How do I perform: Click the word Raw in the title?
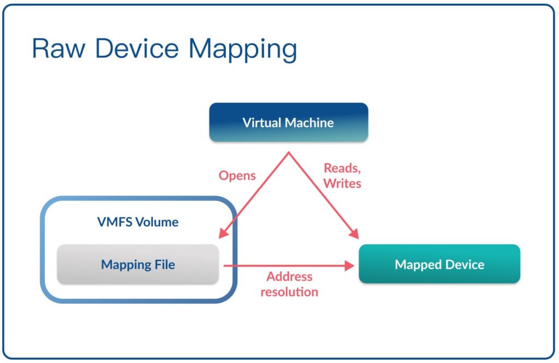pos(59,48)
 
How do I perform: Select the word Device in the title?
pos(137,48)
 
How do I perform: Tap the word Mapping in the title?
pos(243,50)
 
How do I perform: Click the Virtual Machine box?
pos(288,122)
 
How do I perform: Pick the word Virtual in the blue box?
pos(262,123)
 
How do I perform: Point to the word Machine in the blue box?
pos(310,123)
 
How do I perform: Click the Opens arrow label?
pos(237,175)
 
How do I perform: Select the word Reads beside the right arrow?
pos(342,168)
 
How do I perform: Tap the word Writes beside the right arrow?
pos(342,183)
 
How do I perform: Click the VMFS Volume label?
pos(138,222)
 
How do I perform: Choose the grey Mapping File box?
pos(138,264)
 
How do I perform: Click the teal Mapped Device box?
pos(439,264)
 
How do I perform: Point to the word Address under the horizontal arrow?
pos(289,276)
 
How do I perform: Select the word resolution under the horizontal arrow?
pos(289,291)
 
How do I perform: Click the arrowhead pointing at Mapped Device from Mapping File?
pos(349,266)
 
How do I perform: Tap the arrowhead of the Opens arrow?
pos(223,233)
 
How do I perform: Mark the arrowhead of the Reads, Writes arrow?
pos(354,234)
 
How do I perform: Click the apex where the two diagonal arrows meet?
pos(289,152)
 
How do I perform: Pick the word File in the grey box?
pos(165,265)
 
